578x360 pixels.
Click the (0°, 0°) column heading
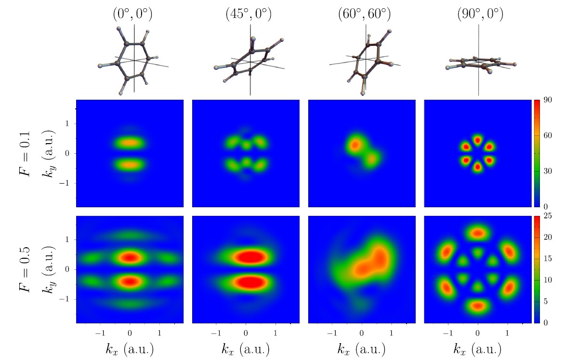click(x=130, y=14)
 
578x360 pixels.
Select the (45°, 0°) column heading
click(x=249, y=14)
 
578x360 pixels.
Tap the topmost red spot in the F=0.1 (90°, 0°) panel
click(x=477, y=140)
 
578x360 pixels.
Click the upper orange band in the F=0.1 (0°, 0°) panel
click(x=130, y=143)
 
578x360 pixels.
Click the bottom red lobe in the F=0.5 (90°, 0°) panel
click(x=477, y=305)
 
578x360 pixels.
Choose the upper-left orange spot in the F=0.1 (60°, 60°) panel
click(x=355, y=144)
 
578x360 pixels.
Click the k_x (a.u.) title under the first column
click(x=130, y=349)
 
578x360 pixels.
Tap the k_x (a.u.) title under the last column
click(x=477, y=349)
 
